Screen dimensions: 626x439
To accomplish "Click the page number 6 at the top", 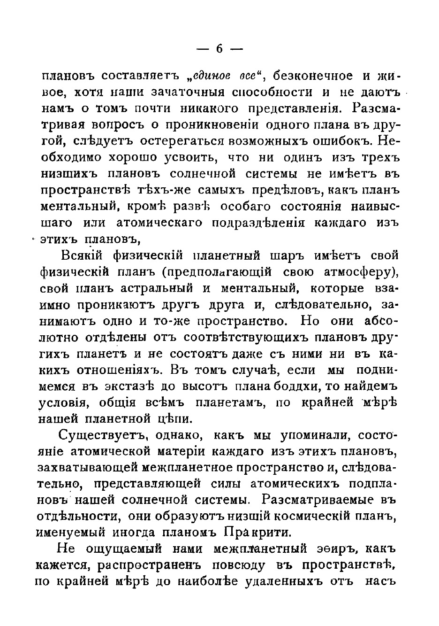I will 219,48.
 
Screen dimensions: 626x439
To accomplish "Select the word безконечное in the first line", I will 313,76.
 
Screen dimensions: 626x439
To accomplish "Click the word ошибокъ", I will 341,141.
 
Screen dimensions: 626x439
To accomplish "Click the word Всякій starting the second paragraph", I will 84,256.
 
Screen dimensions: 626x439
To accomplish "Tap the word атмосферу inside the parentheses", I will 359,272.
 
